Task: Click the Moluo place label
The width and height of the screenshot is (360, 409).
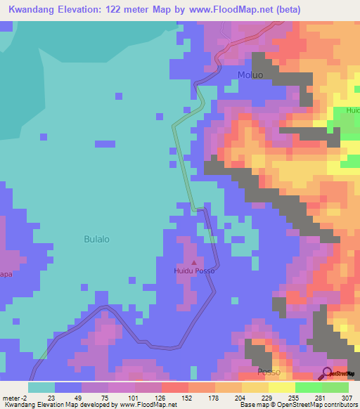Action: (250, 75)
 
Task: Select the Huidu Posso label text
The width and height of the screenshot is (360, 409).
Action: (195, 271)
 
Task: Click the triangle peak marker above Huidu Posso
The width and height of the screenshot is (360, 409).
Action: (195, 262)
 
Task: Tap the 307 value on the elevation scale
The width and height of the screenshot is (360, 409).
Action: (347, 397)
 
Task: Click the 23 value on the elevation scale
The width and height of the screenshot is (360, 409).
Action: (51, 397)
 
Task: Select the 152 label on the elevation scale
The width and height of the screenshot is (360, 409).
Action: (187, 397)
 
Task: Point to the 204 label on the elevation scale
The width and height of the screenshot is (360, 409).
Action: (240, 397)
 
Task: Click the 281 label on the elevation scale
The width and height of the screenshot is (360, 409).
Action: (320, 397)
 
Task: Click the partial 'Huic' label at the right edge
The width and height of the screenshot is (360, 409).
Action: (352, 110)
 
